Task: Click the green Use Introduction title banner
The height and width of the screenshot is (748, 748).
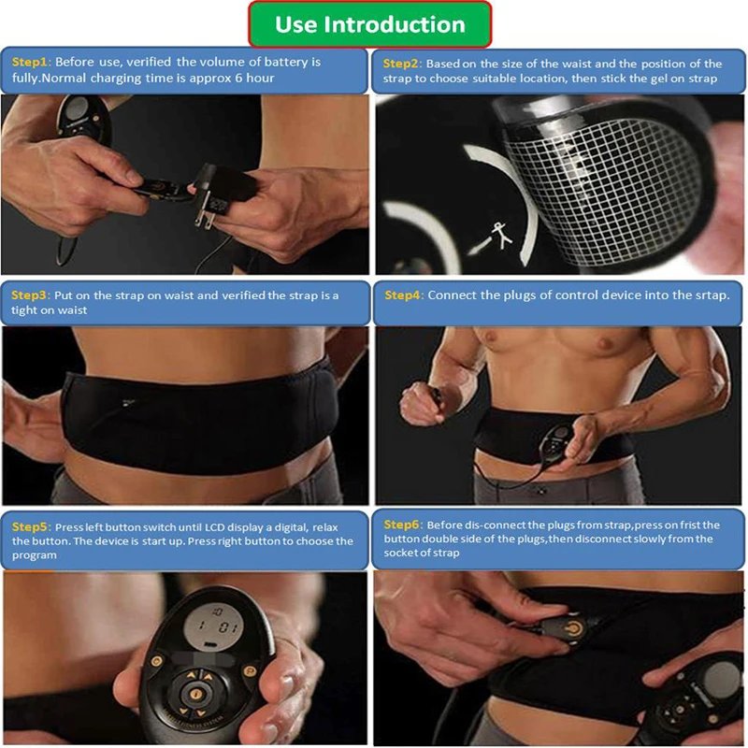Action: tap(369, 24)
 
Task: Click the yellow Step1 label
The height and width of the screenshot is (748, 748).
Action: tap(30, 62)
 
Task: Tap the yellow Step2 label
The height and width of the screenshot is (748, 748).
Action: tap(401, 64)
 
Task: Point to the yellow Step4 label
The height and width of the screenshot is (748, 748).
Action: tap(403, 295)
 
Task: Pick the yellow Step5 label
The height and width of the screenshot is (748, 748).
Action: tap(31, 527)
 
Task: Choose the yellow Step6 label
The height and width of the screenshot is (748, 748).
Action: tap(402, 525)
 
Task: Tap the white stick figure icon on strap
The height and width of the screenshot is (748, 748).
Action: tap(502, 236)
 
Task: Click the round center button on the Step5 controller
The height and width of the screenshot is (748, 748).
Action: tap(195, 694)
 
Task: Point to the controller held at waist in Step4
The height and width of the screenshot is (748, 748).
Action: tap(554, 445)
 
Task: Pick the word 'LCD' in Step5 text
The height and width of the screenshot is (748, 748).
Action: tap(215, 527)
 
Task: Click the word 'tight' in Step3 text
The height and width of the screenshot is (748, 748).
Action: tap(24, 310)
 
